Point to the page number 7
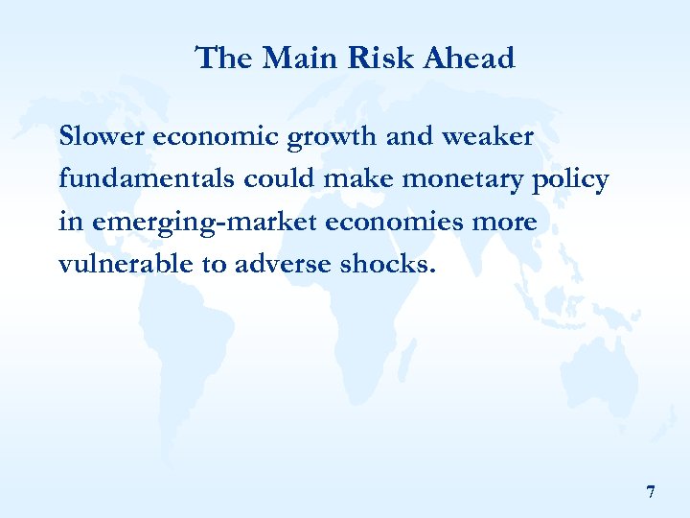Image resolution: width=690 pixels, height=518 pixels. [651, 493]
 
